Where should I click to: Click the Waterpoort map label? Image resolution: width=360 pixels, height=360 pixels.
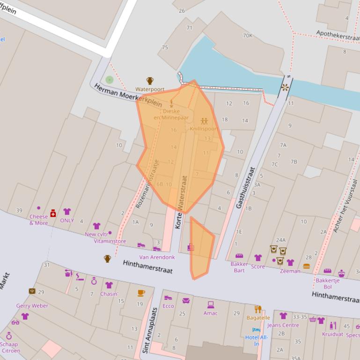150,89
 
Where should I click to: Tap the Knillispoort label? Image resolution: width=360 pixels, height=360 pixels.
204,129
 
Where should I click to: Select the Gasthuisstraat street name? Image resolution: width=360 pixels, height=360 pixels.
245,187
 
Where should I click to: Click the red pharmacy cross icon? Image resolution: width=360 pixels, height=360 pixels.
53,213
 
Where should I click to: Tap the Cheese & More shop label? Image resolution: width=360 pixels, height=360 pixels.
38,220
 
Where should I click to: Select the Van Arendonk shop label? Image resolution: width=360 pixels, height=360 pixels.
157,257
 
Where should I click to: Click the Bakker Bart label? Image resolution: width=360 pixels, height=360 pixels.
239,267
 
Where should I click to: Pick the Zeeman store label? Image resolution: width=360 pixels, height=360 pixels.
290,271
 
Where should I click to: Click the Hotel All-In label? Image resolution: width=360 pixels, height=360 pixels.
256,340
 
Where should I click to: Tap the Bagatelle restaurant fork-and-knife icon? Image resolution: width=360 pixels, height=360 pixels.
257,309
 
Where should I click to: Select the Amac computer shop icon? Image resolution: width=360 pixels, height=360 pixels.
210,305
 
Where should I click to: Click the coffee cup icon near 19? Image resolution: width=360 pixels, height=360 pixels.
141,293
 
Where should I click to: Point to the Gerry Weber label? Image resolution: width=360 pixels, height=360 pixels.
32,306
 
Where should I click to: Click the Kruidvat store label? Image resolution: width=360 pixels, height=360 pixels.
332,334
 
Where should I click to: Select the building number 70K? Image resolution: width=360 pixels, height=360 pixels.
248,36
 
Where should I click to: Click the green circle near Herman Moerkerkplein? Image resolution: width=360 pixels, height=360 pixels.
110,80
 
